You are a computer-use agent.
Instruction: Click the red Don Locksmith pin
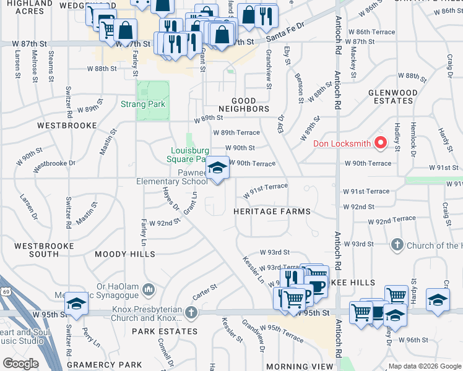(382, 144)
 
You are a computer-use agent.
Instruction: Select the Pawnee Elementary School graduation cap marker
(217, 168)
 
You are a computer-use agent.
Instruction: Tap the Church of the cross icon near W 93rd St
(397, 245)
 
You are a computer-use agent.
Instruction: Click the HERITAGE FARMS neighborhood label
(272, 211)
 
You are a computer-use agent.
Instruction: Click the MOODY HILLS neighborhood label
(124, 254)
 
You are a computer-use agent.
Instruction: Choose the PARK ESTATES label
(156, 331)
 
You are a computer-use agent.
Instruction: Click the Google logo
(20, 364)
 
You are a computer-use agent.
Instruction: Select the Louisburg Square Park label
(191, 155)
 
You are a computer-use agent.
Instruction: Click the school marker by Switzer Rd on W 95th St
(76, 304)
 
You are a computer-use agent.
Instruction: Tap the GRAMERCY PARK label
(96, 365)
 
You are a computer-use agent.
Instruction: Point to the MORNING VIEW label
(296, 367)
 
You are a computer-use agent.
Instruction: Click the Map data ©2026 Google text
(424, 367)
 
